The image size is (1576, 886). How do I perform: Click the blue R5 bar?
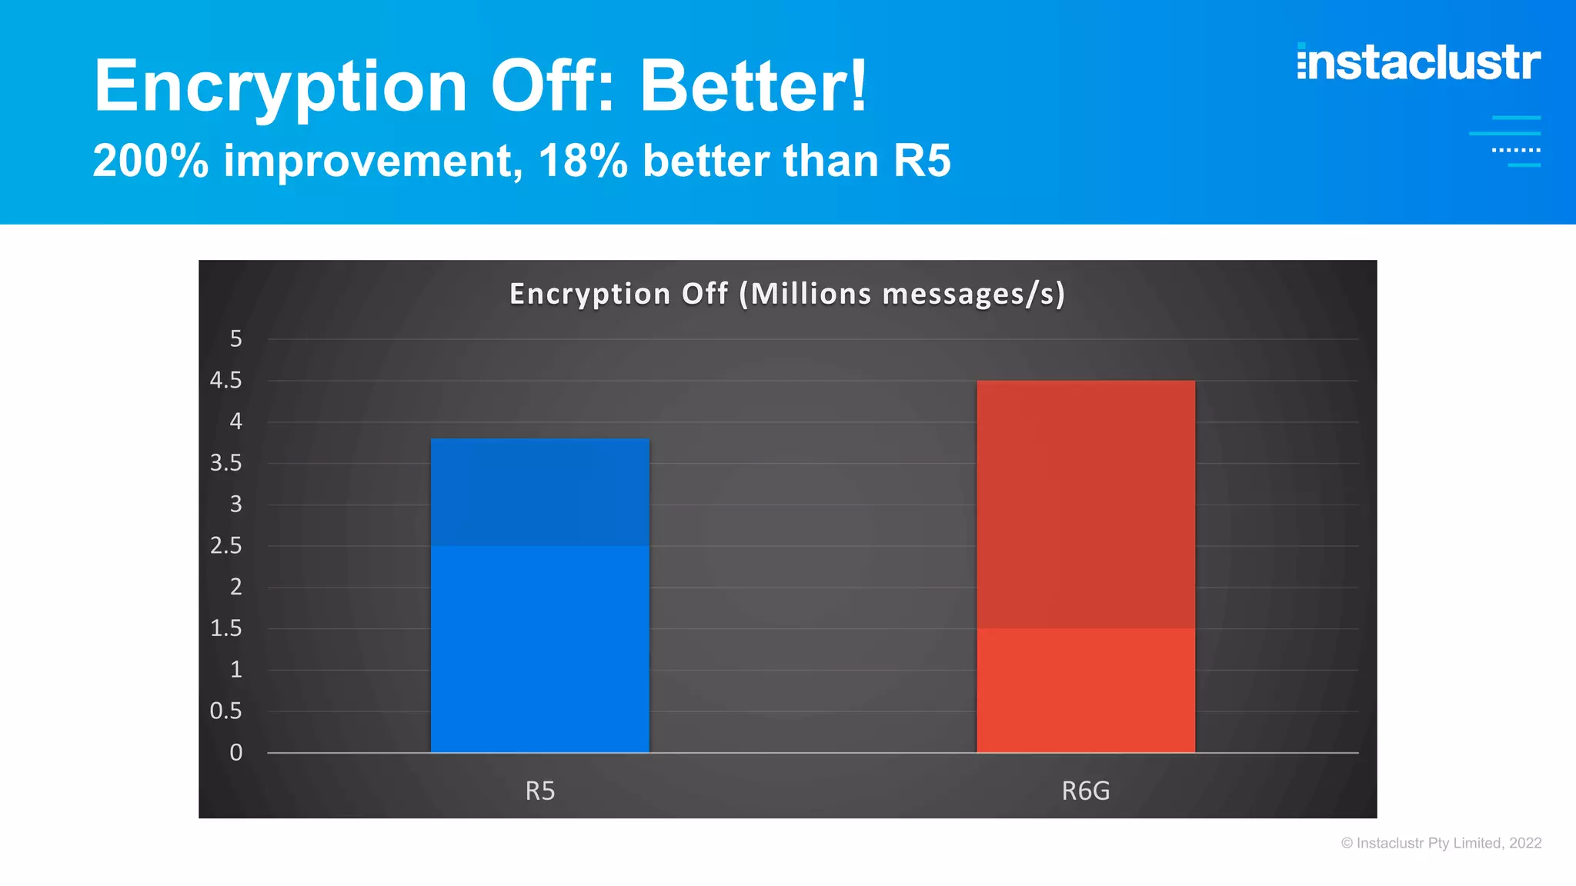[x=539, y=595]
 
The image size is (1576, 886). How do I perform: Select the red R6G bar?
[x=1085, y=566]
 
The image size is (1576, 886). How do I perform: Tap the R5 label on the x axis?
[x=539, y=791]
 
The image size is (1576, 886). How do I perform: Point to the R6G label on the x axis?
[x=1085, y=791]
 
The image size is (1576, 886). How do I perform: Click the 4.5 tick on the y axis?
[x=225, y=380]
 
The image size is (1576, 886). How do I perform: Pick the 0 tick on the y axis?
[x=235, y=752]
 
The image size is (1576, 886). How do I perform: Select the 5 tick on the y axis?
[x=235, y=338]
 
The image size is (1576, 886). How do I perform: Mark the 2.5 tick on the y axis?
[x=225, y=545]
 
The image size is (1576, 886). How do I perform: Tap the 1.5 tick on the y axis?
[x=225, y=628]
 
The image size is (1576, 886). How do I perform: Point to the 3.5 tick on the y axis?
[x=225, y=463]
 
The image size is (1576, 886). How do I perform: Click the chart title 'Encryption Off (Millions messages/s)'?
[x=787, y=294]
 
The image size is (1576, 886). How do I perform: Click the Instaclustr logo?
[x=1418, y=62]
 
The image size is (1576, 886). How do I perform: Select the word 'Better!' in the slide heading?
[x=753, y=85]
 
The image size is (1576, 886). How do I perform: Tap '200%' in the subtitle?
[x=151, y=161]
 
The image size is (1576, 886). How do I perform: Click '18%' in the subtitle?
[x=583, y=161]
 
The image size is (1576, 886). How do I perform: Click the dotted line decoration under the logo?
[x=1515, y=150]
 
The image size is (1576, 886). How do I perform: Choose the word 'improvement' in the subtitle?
[x=373, y=161]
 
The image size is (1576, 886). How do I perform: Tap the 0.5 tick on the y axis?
[x=225, y=711]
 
